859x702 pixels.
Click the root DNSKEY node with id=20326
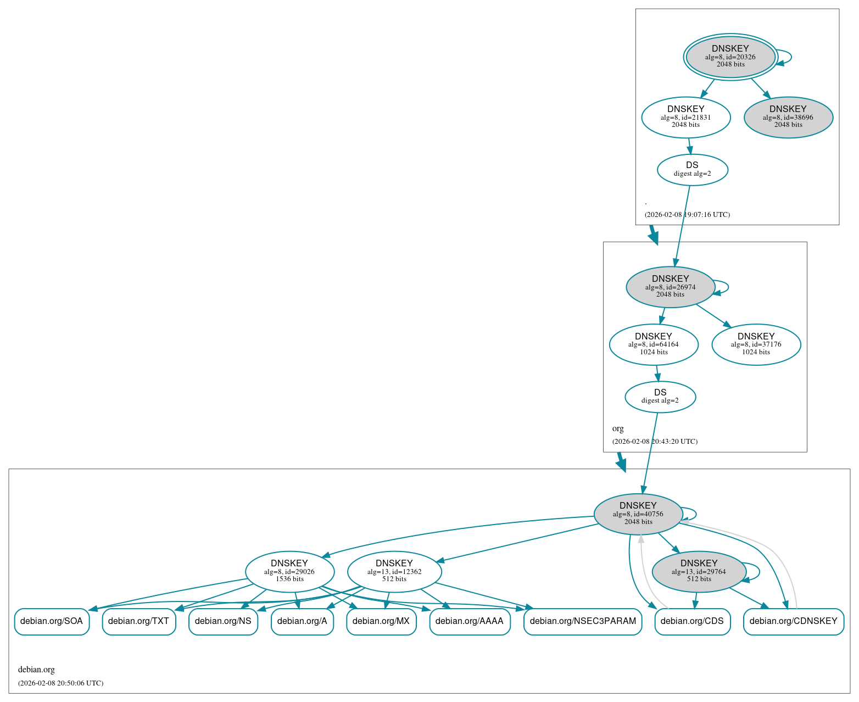[x=730, y=57]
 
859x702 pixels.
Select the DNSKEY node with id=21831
[x=685, y=117]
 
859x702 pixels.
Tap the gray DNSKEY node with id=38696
[x=788, y=117]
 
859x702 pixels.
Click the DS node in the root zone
[x=692, y=169]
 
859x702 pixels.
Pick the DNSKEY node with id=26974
[x=670, y=287]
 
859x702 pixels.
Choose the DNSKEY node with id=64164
[x=653, y=344]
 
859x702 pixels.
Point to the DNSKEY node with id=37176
[x=756, y=344]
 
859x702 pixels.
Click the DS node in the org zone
[x=660, y=397]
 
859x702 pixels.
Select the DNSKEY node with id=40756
[x=638, y=514]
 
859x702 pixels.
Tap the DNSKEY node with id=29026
[x=289, y=571]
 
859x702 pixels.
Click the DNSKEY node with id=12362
[x=394, y=571]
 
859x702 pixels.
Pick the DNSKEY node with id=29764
[x=699, y=571]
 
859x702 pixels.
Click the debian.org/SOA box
[x=52, y=621]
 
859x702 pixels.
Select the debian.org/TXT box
[x=139, y=621]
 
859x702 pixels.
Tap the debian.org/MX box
[x=381, y=621]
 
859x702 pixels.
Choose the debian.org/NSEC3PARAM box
[x=583, y=621]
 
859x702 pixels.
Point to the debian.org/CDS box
[x=692, y=621]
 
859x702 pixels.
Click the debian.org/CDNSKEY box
[x=793, y=621]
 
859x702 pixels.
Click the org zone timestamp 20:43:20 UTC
[x=655, y=441]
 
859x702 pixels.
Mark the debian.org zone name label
[x=36, y=670]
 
